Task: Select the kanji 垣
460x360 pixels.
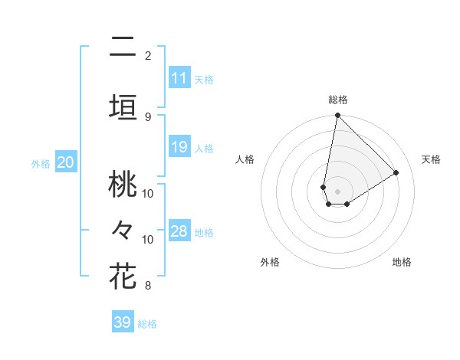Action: coord(123,105)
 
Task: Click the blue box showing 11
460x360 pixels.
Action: coord(179,78)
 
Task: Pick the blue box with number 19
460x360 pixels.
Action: coord(179,147)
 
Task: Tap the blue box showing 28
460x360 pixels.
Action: coord(179,231)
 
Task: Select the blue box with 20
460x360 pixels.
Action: coord(65,162)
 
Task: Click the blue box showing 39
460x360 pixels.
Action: coord(122,322)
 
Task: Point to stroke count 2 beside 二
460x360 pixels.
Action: coord(148,56)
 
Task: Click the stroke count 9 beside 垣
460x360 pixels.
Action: coord(148,116)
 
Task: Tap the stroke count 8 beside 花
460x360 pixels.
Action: coord(148,286)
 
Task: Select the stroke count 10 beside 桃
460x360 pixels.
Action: coord(148,193)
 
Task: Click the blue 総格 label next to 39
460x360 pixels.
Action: coord(147,324)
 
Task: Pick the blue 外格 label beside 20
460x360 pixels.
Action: coord(41,164)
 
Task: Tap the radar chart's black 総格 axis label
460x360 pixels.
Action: coord(338,100)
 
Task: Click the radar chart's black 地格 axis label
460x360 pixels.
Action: coord(402,262)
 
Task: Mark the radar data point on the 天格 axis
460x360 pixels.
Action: coord(396,173)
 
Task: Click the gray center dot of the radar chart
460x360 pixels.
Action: coord(338,191)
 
